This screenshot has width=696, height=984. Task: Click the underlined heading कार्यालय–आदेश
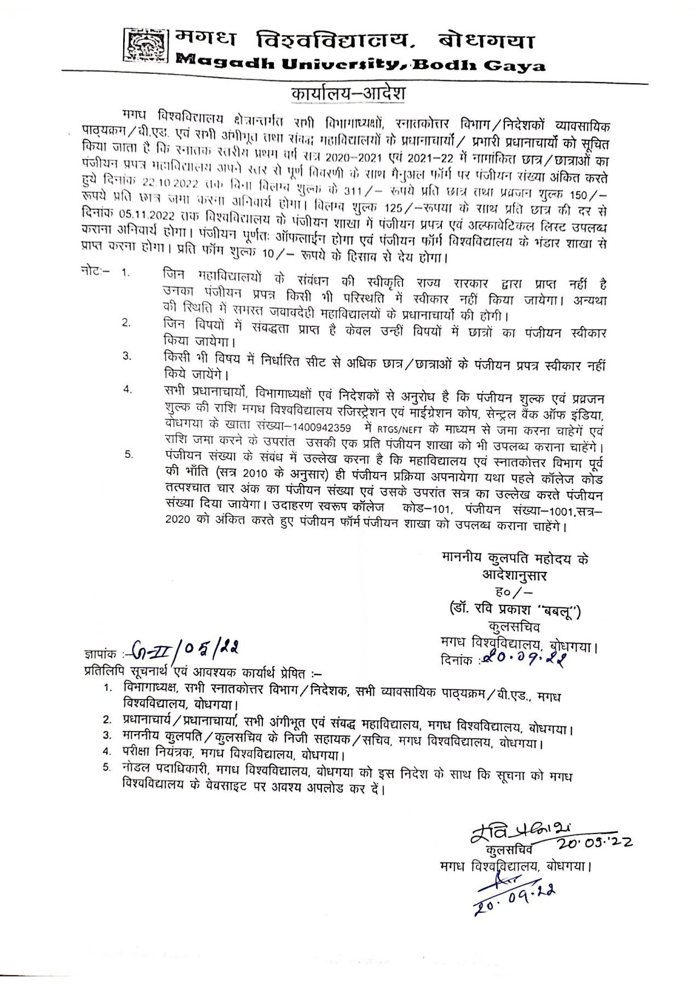(x=348, y=93)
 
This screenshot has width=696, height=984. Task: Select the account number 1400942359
(x=323, y=428)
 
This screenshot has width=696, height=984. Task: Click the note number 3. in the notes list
(x=127, y=356)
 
